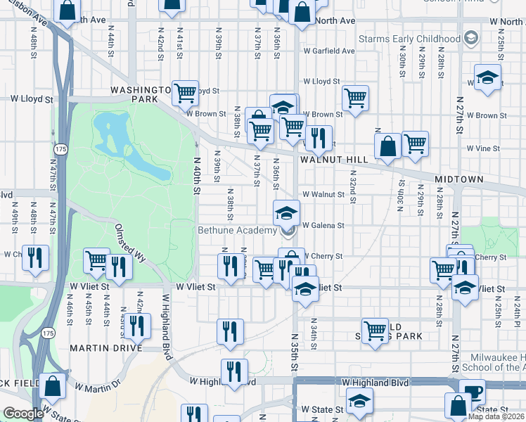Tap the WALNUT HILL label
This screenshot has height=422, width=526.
(x=334, y=160)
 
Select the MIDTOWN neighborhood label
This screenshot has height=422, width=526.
(x=458, y=179)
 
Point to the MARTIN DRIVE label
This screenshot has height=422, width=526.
(x=105, y=347)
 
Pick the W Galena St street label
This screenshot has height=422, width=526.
(x=323, y=226)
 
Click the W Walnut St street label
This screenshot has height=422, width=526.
(x=324, y=194)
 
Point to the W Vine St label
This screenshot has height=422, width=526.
(x=483, y=148)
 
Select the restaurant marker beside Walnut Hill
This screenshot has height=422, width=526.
(x=319, y=138)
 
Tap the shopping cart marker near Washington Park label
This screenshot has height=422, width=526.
(x=184, y=91)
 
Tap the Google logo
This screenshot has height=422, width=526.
(x=23, y=414)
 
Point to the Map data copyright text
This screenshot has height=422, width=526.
(x=496, y=416)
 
